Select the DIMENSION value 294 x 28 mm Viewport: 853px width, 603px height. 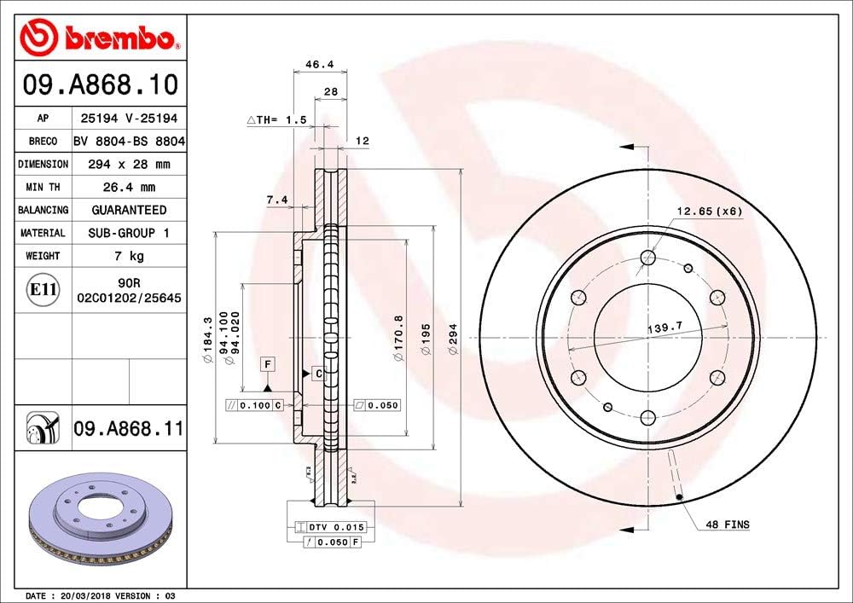pos(129,164)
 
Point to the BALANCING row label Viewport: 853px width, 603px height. pos(43,210)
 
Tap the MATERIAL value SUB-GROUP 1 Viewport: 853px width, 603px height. pos(129,233)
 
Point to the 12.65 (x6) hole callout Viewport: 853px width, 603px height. pos(710,211)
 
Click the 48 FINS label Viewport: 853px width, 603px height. pos(728,525)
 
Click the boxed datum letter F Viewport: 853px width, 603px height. pos(268,364)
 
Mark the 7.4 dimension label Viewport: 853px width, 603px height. pos(276,200)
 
